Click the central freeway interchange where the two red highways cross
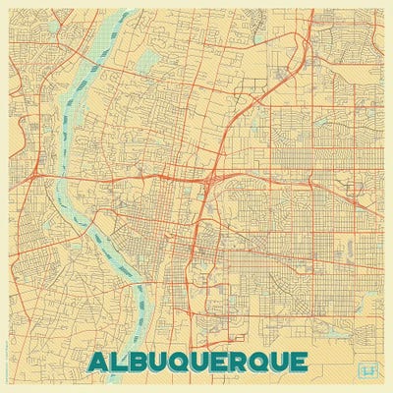(x=209, y=180)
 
